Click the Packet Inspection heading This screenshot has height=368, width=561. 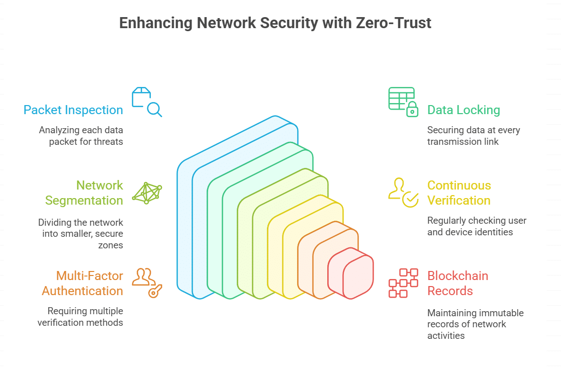tap(73, 110)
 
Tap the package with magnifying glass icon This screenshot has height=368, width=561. tap(146, 102)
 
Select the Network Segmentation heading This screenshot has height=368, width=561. tap(84, 193)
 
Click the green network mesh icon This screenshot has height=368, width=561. tap(147, 193)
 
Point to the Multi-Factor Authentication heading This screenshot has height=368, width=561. tap(82, 284)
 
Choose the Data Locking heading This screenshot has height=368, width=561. tap(463, 110)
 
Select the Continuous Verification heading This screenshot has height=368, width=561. tap(459, 193)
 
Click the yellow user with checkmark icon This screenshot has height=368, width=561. tap(403, 193)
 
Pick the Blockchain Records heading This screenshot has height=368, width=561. tap(457, 284)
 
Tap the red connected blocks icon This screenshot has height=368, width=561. tap(403, 283)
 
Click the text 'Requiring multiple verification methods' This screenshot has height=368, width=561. tap(80, 317)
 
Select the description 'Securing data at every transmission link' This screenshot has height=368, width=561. tap(474, 136)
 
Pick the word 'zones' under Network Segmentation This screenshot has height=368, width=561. tap(112, 245)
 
